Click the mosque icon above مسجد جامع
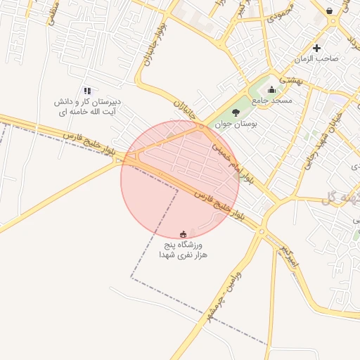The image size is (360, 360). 272,89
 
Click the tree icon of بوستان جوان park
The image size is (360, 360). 236,112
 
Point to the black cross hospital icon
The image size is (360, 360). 317,48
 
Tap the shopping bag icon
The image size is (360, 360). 330,11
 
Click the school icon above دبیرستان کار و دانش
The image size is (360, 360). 87,91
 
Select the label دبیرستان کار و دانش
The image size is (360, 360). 87,101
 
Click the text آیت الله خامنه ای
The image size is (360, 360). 87,111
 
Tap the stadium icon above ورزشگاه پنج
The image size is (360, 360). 184,233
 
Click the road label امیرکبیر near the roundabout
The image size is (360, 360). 290,257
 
